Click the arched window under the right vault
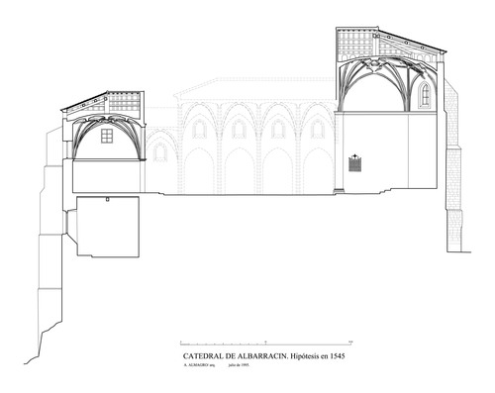pos(425,94)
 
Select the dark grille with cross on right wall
pos(356,162)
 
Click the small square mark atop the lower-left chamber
pos(104,197)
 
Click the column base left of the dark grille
pos(338,188)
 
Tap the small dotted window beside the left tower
pos(157,151)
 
